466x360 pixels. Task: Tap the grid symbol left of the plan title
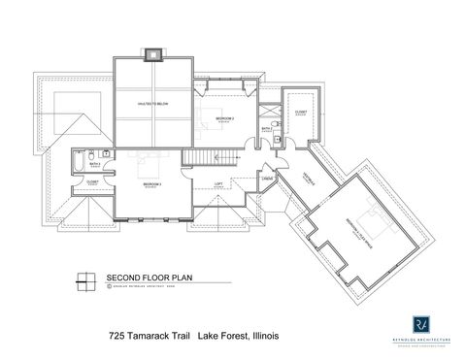pos(85,280)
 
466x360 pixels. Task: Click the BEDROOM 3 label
pos(150,181)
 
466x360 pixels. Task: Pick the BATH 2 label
pos(266,127)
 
